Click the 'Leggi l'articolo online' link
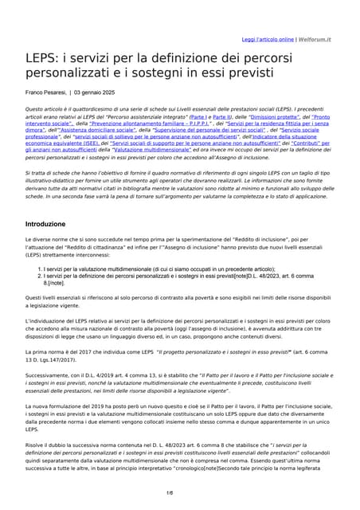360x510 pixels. point(268,39)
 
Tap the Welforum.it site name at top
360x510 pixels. point(317,39)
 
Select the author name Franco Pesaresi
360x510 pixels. point(50,93)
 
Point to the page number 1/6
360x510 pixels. point(180,494)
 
